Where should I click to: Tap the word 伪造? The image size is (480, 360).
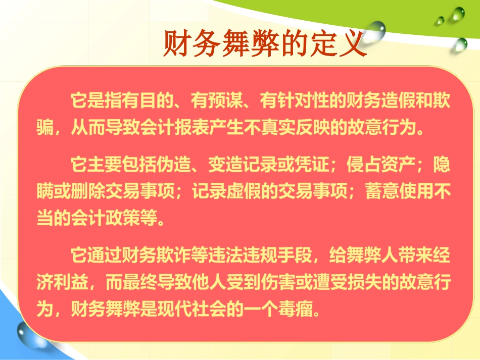coord(174,164)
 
